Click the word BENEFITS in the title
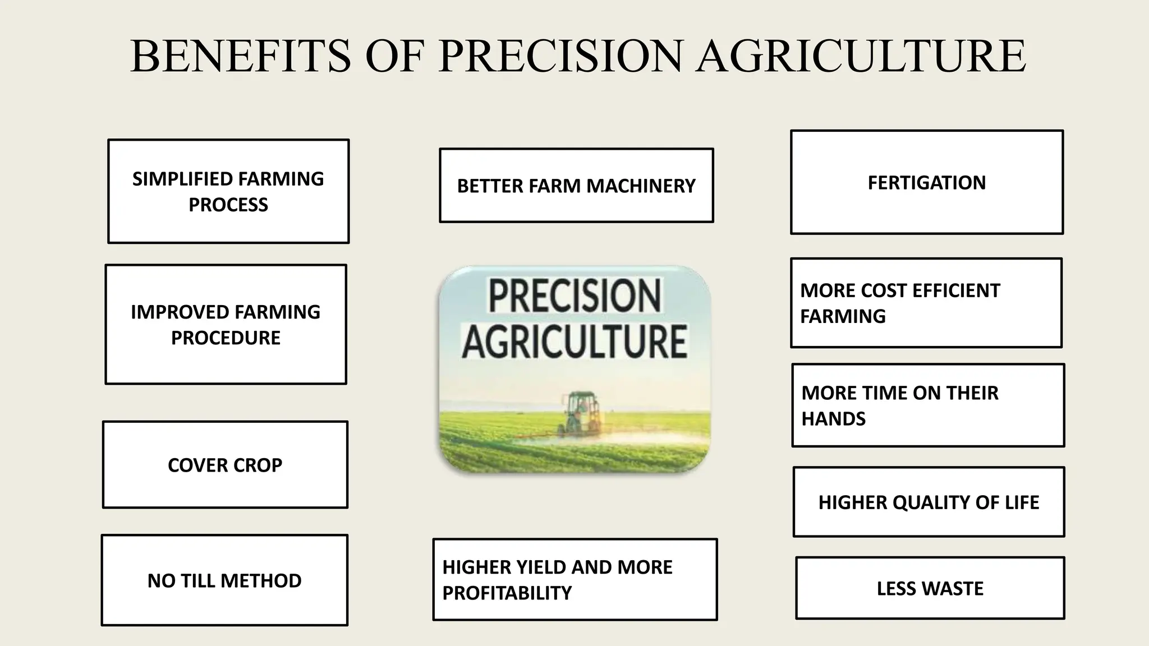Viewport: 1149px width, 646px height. pos(240,56)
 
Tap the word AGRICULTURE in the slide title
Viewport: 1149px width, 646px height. pos(861,56)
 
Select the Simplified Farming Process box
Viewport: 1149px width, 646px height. pos(228,191)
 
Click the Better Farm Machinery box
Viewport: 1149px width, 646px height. pos(576,186)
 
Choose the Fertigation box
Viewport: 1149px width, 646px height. pos(926,182)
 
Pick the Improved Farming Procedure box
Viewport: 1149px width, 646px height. pos(226,324)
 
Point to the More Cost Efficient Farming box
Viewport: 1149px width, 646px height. pos(926,303)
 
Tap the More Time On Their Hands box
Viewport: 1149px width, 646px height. pos(928,405)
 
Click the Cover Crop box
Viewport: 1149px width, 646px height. pos(225,465)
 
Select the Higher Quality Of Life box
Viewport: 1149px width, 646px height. pos(929,502)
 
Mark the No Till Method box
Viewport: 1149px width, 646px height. pos(224,580)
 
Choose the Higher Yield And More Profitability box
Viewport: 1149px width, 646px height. pos(575,579)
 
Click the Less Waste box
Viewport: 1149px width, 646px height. pos(930,588)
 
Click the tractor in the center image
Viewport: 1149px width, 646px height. pos(581,412)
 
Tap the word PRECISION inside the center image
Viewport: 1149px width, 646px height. pos(575,296)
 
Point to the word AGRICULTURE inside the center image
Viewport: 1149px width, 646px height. pos(574,342)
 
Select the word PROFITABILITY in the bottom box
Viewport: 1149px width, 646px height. pos(507,593)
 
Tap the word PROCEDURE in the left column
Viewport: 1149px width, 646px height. pos(226,338)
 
